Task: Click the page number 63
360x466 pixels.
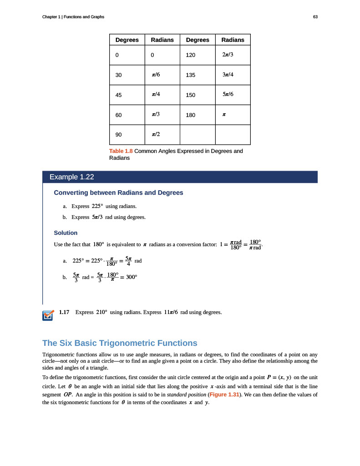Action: click(315, 17)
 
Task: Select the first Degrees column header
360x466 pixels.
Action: click(127, 40)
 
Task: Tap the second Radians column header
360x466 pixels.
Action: click(233, 40)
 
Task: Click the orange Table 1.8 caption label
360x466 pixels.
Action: click(121, 151)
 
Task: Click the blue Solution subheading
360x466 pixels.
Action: click(66, 233)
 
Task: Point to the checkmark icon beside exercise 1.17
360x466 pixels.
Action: click(48, 315)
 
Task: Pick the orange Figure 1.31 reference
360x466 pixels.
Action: click(223, 394)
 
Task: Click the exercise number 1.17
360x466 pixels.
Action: click(64, 312)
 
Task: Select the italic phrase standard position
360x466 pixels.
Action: click(187, 394)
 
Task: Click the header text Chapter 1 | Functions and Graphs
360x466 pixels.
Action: click(73, 17)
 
